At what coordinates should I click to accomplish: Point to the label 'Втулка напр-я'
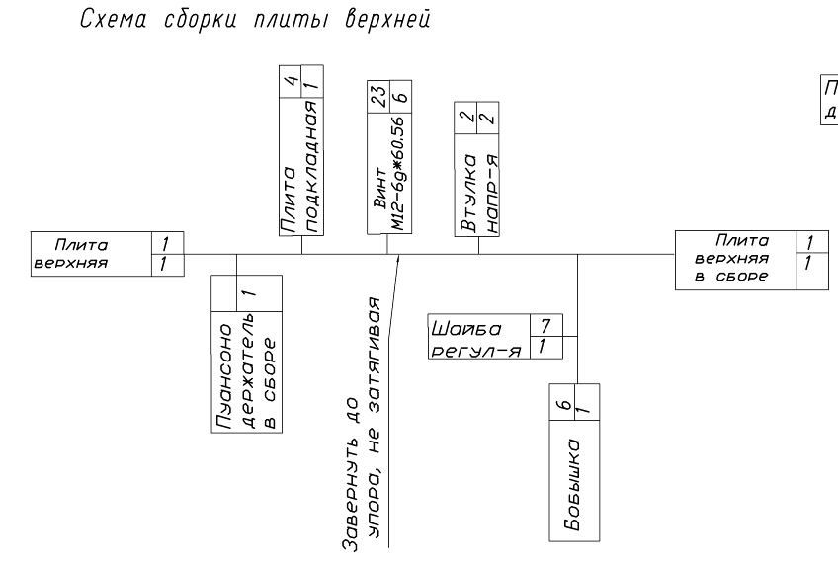[x=479, y=193]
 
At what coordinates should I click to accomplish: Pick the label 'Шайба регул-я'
[x=478, y=336]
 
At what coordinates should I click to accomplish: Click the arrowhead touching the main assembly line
[x=397, y=260]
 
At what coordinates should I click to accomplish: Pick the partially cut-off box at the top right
[x=825, y=99]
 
